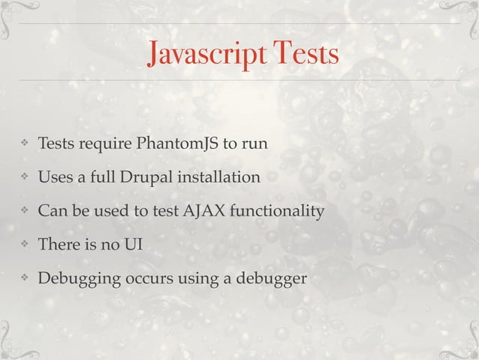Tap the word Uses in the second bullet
(x=54, y=178)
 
